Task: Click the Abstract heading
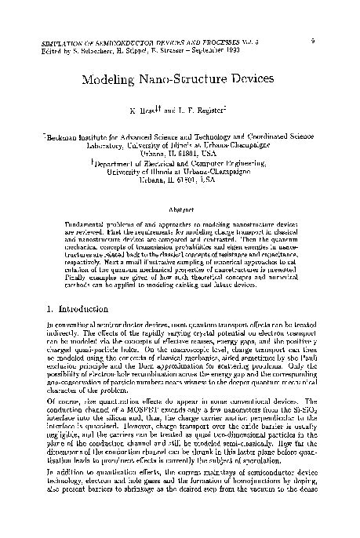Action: coord(180,209)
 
